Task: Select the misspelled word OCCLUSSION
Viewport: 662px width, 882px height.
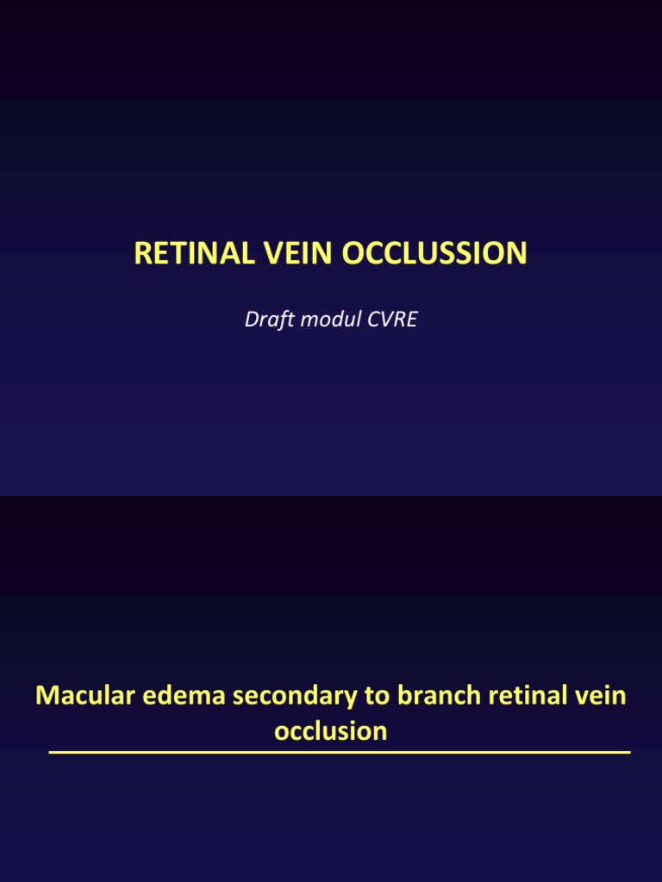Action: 434,253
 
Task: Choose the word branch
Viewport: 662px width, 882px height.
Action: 414,696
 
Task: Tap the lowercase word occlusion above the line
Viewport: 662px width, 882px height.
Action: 331,731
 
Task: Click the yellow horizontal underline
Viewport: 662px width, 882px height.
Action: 340,753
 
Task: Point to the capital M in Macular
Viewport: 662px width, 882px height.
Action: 46,696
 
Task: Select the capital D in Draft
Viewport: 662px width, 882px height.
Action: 251,320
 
